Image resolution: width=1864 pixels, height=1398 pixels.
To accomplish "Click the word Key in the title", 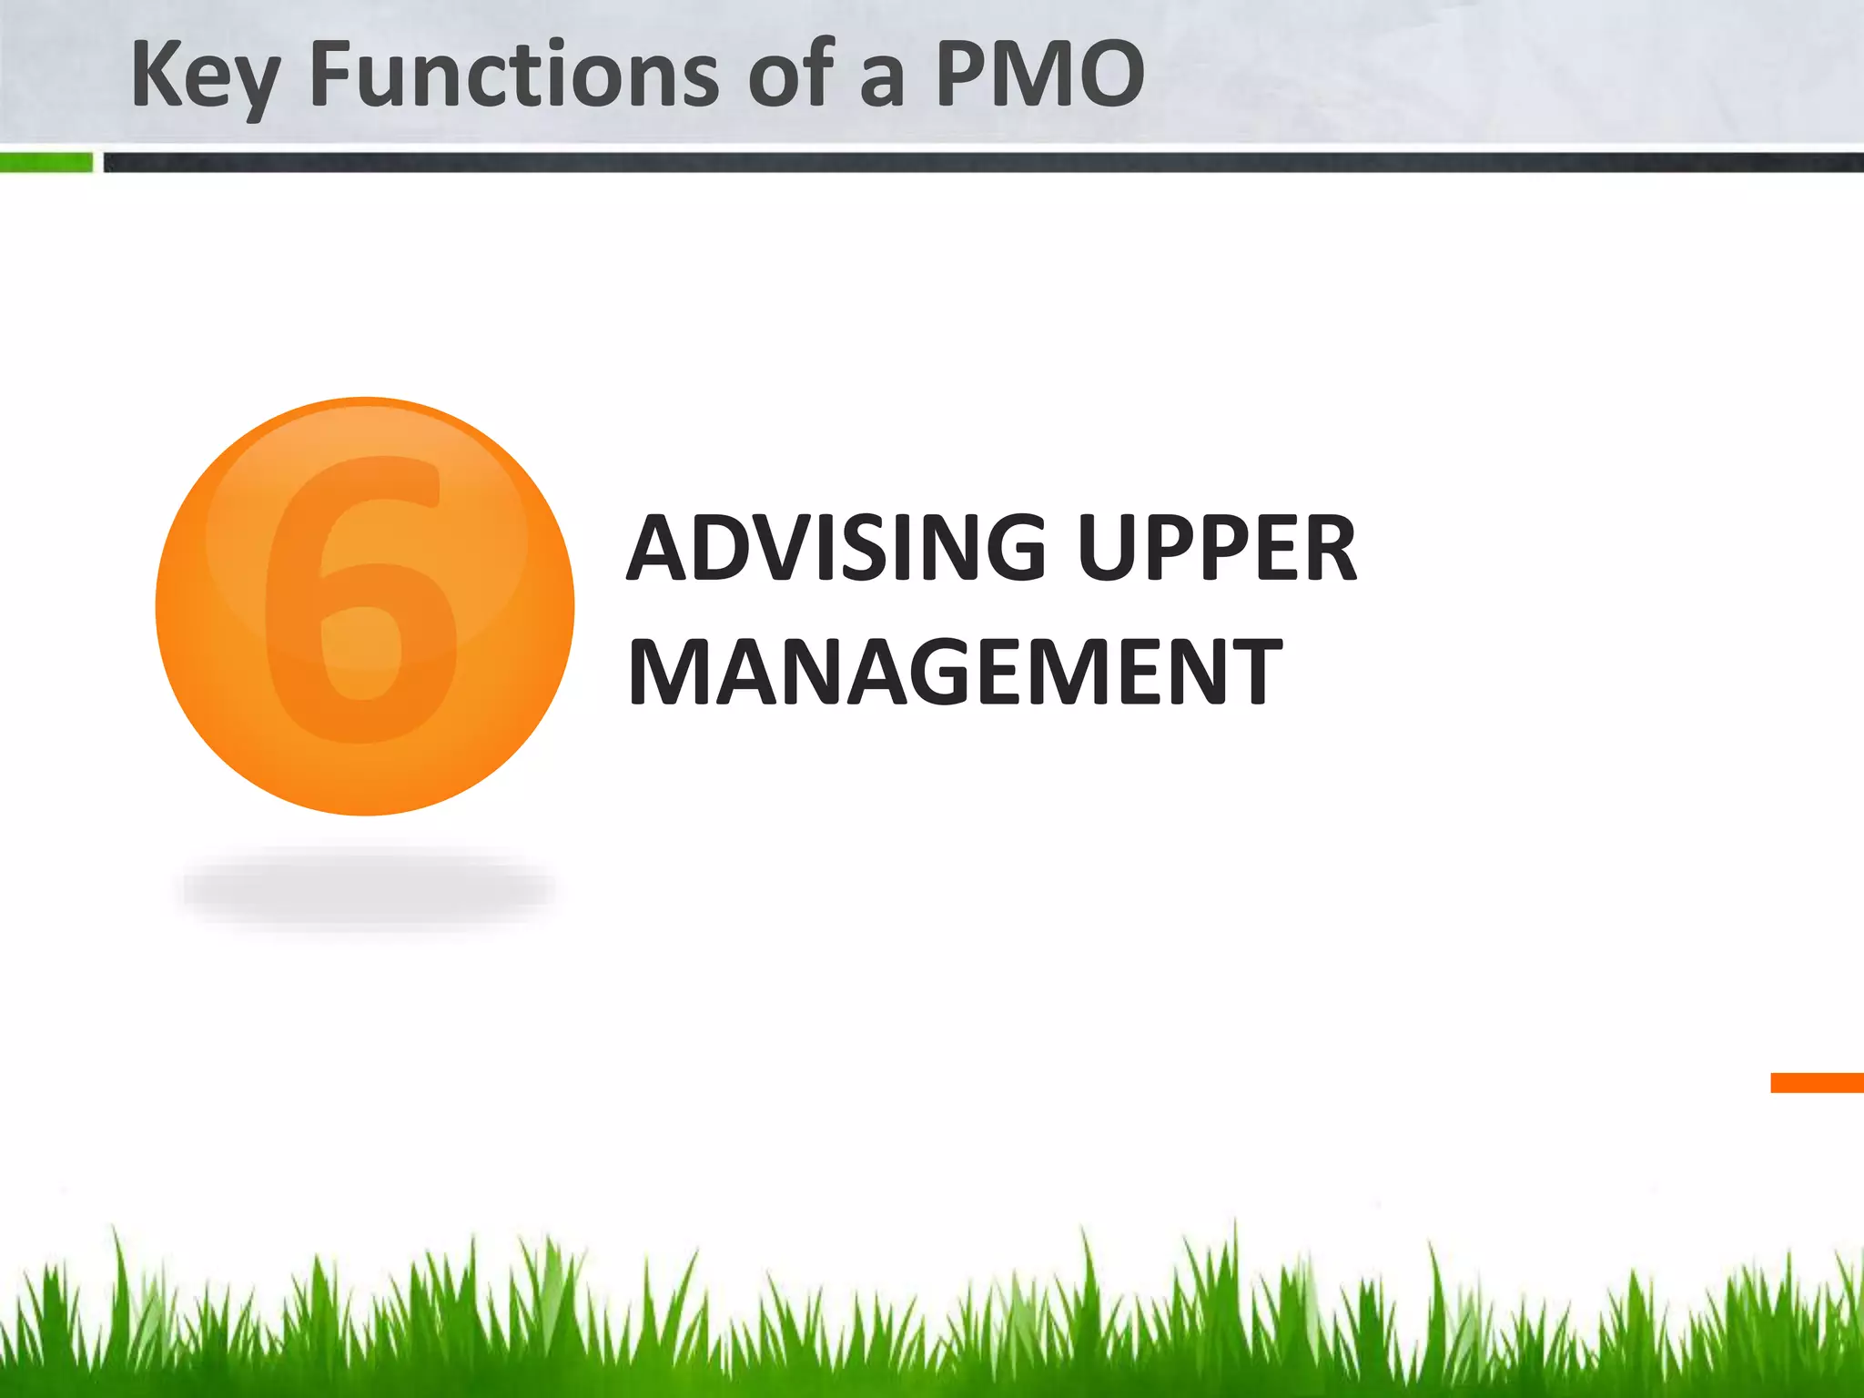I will [204, 76].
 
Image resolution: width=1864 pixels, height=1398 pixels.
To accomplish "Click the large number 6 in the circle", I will [362, 601].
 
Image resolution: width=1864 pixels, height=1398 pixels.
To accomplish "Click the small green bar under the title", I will [46, 163].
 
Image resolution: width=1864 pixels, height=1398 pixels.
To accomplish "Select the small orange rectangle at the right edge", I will [1817, 1082].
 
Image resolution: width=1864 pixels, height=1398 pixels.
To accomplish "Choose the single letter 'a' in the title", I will [881, 82].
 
